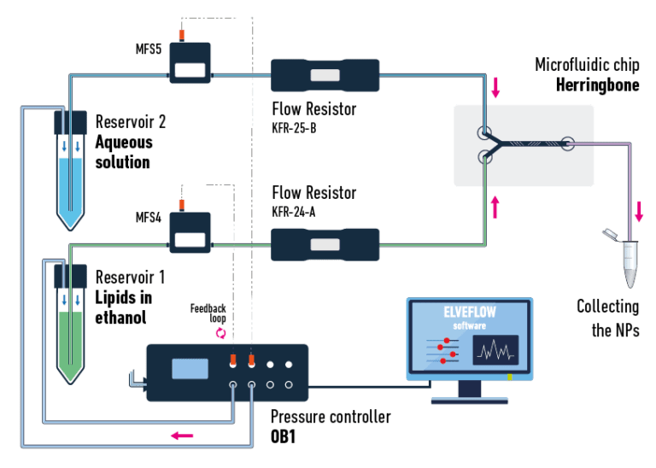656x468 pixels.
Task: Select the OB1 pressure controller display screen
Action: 190,369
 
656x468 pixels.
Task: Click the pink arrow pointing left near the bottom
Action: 182,436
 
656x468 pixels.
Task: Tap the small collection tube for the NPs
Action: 630,265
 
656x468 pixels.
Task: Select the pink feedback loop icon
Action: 220,332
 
